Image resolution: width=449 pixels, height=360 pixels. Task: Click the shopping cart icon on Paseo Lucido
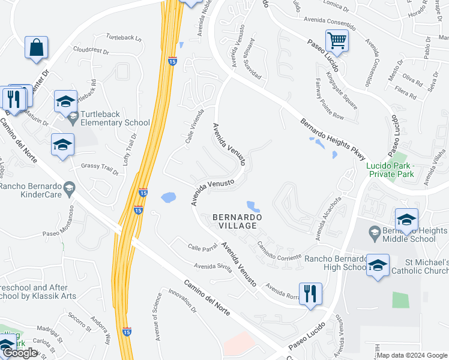click(337, 41)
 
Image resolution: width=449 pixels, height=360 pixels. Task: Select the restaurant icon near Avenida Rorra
click(310, 294)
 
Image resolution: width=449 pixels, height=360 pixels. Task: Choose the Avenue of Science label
click(158, 315)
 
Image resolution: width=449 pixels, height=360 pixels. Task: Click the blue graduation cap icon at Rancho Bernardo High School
click(378, 265)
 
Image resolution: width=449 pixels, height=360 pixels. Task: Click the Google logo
click(20, 353)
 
